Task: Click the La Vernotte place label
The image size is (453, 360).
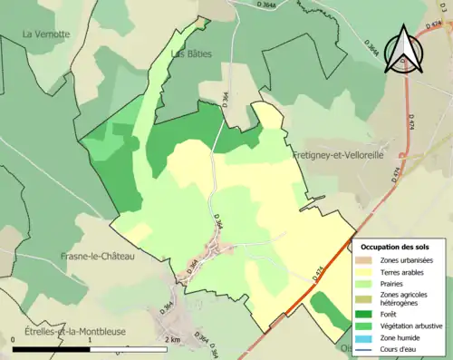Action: click(46, 34)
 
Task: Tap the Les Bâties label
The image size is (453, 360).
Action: click(191, 54)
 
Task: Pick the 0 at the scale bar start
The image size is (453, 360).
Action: click(15, 338)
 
